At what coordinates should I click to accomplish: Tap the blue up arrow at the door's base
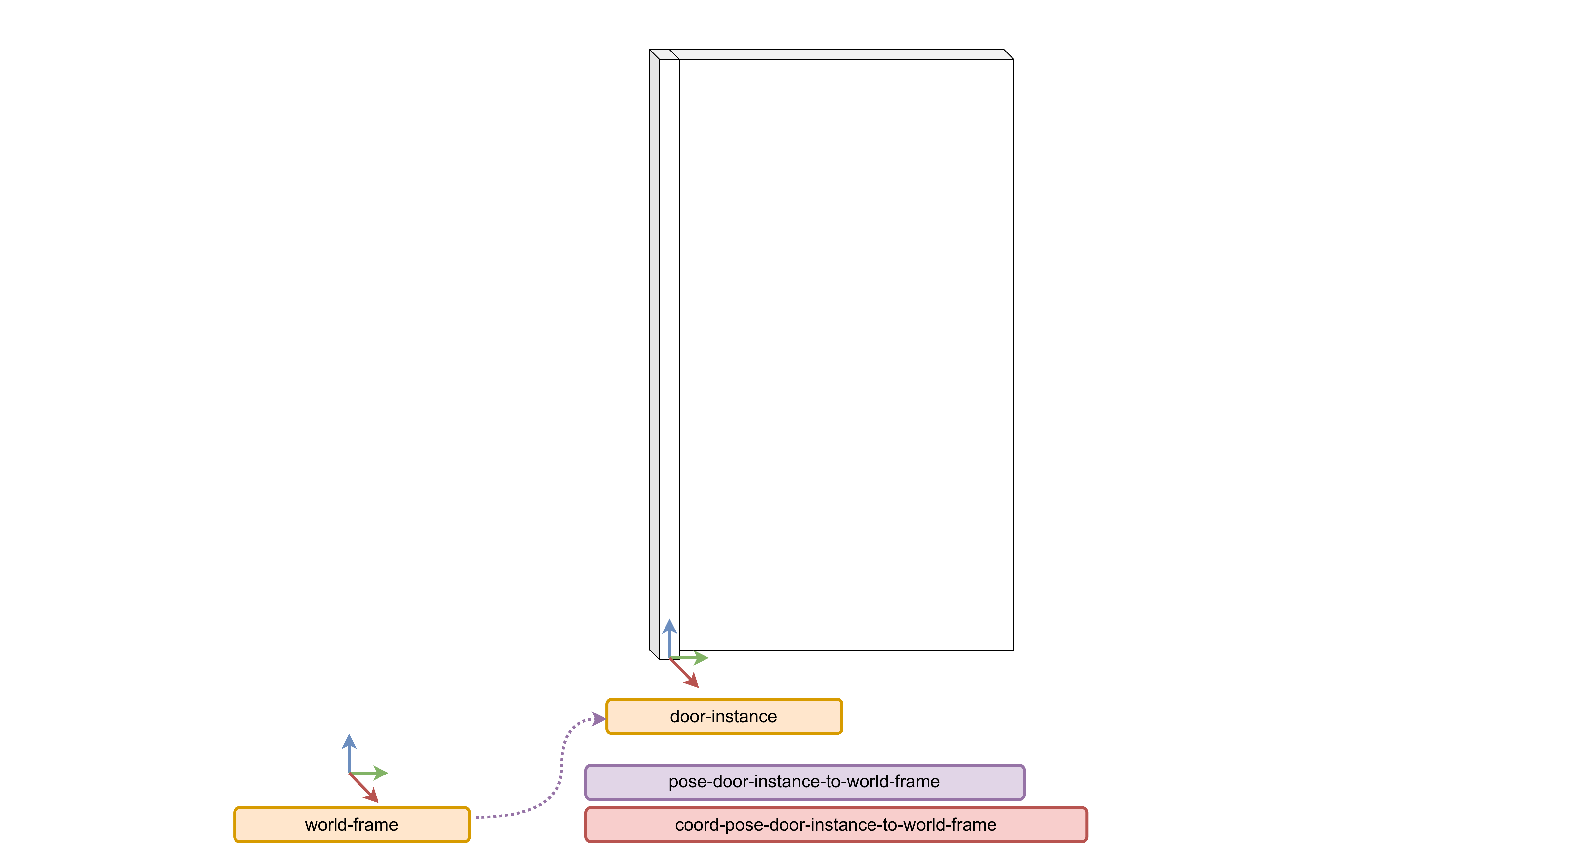point(669,634)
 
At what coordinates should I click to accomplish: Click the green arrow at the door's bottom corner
point(693,657)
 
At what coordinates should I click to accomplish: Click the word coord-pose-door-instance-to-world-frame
point(835,825)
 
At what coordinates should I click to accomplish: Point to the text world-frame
point(351,825)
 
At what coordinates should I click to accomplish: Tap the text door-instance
point(723,716)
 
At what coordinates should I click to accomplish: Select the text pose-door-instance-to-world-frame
point(804,782)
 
